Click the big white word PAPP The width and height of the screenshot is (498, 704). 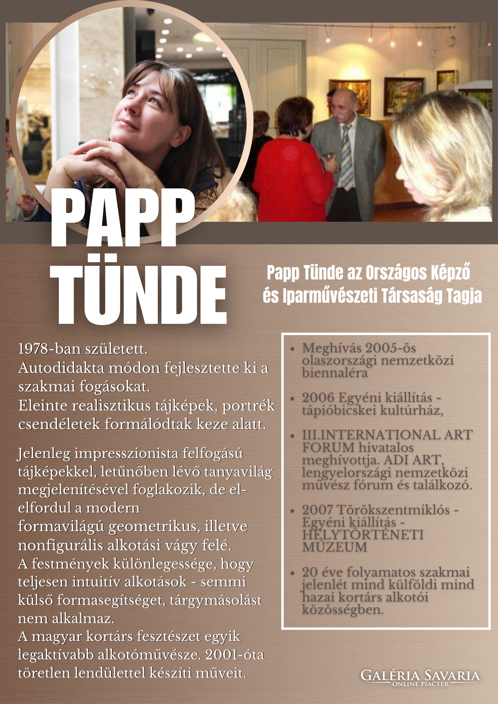point(123,219)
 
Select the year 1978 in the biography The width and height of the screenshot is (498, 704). point(33,349)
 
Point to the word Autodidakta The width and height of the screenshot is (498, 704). point(61,368)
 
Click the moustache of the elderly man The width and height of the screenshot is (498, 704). point(338,115)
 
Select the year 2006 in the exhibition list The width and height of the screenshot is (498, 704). point(318,398)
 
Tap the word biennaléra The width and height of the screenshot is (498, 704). point(335,373)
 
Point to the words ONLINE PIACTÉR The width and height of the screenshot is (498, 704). point(421,684)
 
